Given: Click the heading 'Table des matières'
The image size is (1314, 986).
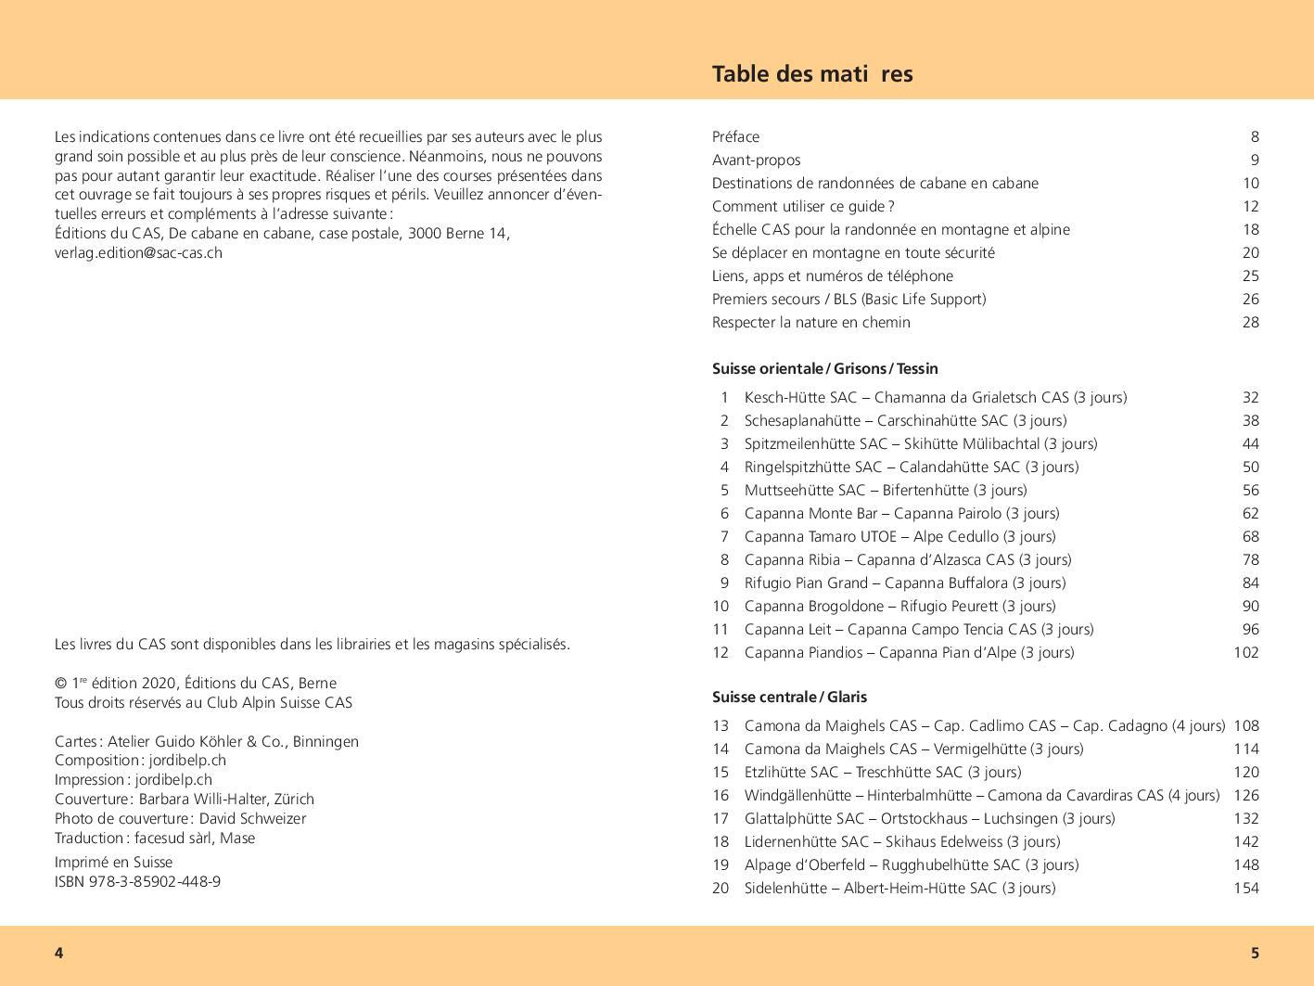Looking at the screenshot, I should [x=811, y=74].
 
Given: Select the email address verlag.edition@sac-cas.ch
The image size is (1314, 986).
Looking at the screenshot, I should [x=138, y=253].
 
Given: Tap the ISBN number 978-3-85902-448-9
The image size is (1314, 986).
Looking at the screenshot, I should [x=155, y=882].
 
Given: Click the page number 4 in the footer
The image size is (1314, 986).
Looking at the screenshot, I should [x=58, y=954].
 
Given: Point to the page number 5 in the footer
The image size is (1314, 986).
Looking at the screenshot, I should [x=1255, y=954].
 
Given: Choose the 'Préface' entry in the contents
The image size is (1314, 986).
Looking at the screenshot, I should [x=735, y=137].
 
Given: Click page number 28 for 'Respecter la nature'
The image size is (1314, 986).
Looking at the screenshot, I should [x=1250, y=323].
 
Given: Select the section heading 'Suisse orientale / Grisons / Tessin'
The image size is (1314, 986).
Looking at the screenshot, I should [x=824, y=369].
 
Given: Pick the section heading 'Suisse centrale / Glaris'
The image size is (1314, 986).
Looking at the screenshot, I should [x=789, y=698].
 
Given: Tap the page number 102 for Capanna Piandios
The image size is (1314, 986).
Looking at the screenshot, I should [x=1245, y=653].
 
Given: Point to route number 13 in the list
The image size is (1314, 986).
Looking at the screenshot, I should [x=721, y=726].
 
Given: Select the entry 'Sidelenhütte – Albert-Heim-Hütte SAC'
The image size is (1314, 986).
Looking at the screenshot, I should [x=899, y=889].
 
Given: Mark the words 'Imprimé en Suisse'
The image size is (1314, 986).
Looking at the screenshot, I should [x=113, y=863].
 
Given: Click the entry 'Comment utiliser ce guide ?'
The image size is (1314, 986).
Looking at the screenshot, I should [x=803, y=207].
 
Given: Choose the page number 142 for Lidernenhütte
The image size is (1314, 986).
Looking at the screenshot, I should [x=1245, y=842].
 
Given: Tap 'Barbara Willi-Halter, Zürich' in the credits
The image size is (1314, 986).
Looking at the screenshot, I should [x=226, y=800].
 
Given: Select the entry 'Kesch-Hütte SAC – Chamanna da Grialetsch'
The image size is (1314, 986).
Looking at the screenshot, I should [x=935, y=398].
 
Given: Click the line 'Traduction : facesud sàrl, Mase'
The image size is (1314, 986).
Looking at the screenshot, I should [x=155, y=839].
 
